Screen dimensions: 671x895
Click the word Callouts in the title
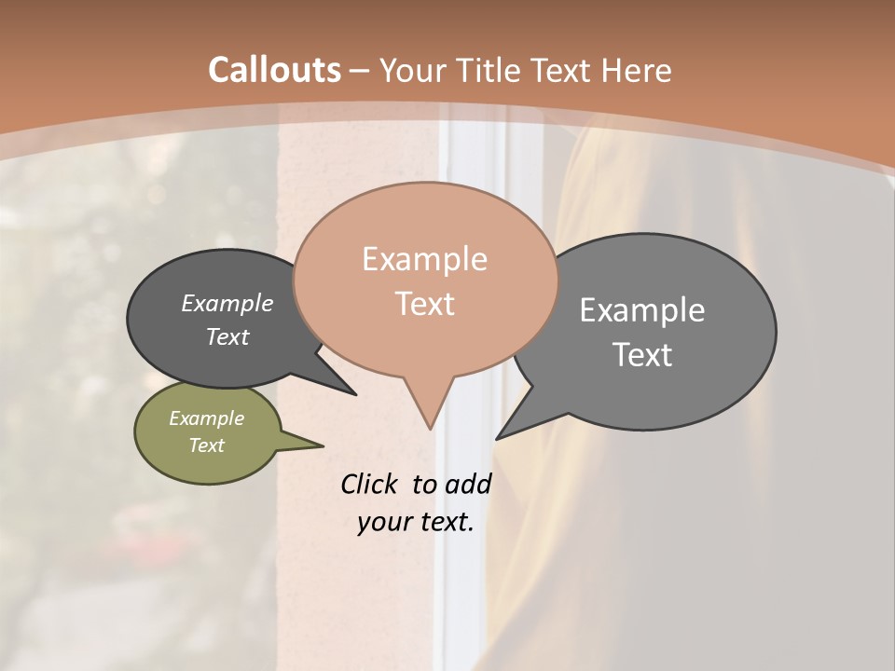click(274, 70)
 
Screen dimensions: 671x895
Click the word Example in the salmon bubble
click(424, 259)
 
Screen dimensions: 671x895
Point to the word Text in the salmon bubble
click(424, 304)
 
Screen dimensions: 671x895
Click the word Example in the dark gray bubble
click(227, 303)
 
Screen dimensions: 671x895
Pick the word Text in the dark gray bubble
click(227, 336)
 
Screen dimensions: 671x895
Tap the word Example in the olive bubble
click(206, 418)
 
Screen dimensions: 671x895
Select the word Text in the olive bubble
click(206, 445)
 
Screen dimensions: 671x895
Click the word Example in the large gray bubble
click(641, 310)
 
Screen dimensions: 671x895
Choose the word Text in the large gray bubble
click(641, 355)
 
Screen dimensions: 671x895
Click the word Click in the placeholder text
click(370, 484)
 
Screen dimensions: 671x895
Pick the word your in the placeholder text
click(383, 522)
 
